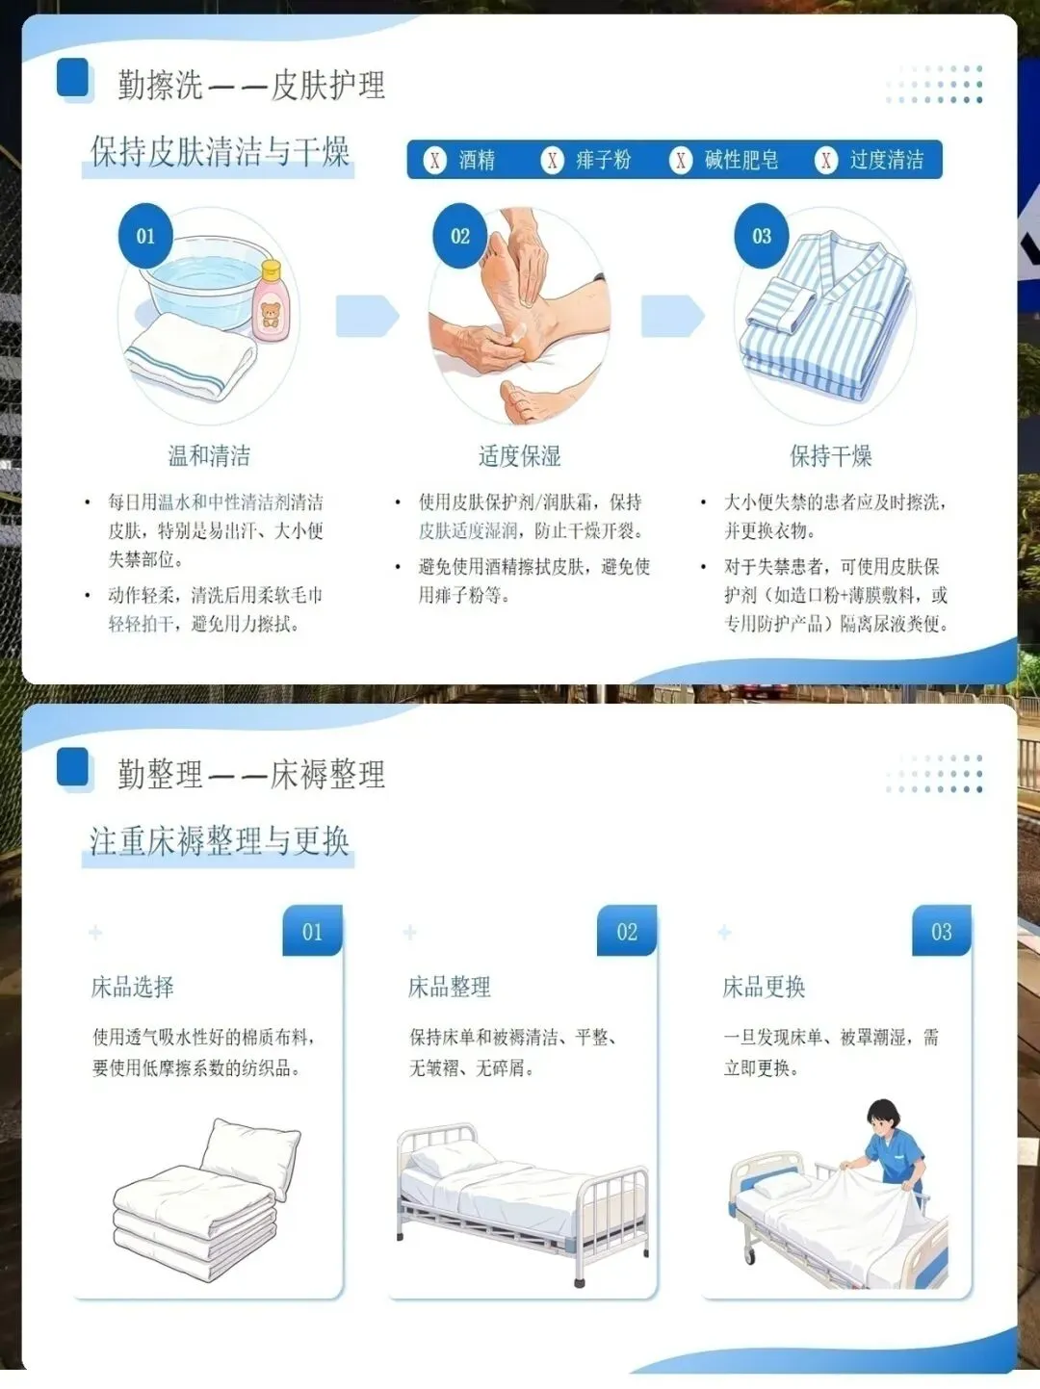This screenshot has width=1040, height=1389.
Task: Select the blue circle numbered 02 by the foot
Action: coord(460,236)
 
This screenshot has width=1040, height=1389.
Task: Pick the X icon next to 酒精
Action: coord(434,160)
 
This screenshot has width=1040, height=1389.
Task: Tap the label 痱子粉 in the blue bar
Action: coord(603,160)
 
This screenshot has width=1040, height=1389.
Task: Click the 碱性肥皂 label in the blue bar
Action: coord(741,160)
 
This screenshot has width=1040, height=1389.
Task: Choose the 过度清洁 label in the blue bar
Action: coord(887,160)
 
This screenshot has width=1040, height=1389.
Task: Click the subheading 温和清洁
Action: coord(209,455)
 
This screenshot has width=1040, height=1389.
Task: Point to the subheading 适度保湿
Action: coord(520,455)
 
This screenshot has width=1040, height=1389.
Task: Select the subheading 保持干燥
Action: coord(830,455)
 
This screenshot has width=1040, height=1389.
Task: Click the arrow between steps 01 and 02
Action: coord(367,316)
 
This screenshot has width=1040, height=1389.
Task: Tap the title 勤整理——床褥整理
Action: coord(251,774)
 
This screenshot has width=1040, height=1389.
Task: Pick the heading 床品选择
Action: coord(132,987)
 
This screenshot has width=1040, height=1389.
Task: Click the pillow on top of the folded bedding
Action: coord(250,1156)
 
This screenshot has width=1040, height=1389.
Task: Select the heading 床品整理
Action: coord(449,987)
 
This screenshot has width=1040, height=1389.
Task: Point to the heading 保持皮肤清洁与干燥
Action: coord(220,152)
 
